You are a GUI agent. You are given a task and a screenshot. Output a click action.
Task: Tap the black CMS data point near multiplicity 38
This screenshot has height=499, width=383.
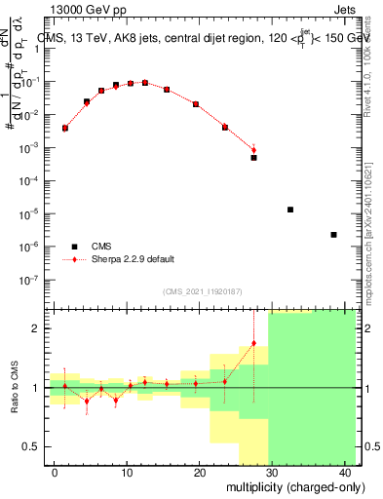(x=334, y=235)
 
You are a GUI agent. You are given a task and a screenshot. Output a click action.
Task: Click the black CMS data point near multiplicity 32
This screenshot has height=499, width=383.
(x=290, y=210)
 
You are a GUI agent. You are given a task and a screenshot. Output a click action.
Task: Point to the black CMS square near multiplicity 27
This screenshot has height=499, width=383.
(x=253, y=157)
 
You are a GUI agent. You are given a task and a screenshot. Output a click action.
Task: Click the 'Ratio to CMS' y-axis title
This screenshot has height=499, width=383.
(x=14, y=388)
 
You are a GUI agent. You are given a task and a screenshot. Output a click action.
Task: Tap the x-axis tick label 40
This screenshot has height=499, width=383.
(x=347, y=472)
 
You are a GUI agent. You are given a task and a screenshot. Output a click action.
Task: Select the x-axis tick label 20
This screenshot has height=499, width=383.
(x=201, y=472)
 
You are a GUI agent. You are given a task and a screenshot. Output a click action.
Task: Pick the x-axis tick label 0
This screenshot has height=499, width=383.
(x=55, y=472)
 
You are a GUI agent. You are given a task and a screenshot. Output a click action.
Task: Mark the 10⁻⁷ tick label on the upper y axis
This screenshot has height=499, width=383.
(x=32, y=279)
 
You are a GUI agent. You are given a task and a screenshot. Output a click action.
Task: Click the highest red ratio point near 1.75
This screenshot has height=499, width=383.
(x=253, y=343)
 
